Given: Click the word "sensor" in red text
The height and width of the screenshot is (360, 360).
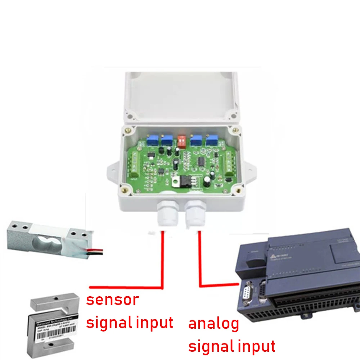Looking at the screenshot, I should point(112,300).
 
